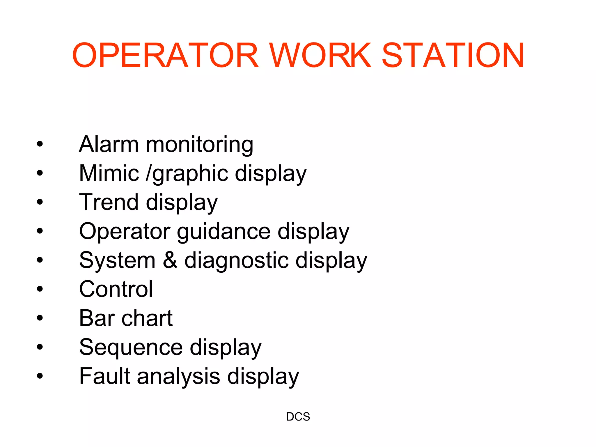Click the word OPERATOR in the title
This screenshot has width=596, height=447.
[x=165, y=55]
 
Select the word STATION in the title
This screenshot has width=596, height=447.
[x=453, y=55]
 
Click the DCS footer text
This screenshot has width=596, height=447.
[x=298, y=417]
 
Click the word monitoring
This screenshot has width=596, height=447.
[x=200, y=145]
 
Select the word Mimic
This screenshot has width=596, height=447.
[x=109, y=173]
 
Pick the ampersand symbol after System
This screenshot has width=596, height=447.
[x=170, y=260]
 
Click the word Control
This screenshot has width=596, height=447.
[x=116, y=289]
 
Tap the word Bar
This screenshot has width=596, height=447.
[x=97, y=318]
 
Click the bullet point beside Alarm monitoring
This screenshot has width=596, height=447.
[x=40, y=144]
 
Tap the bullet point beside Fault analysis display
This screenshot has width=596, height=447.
[x=40, y=376]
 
